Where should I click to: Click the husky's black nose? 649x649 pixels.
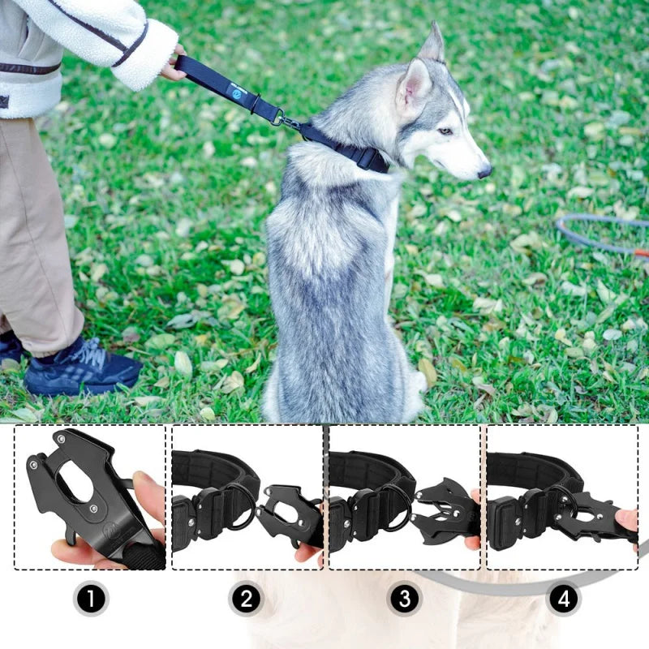[x=484, y=171]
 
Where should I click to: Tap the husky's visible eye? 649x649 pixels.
[x=445, y=131]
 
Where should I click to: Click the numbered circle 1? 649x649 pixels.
[x=90, y=600]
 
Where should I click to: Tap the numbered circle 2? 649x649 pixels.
[x=247, y=600]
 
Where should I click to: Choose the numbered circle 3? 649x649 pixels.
[x=404, y=600]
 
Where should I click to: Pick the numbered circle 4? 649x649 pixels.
[x=562, y=600]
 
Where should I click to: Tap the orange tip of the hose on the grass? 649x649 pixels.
[x=641, y=252]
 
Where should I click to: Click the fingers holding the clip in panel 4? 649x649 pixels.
[x=625, y=519]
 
